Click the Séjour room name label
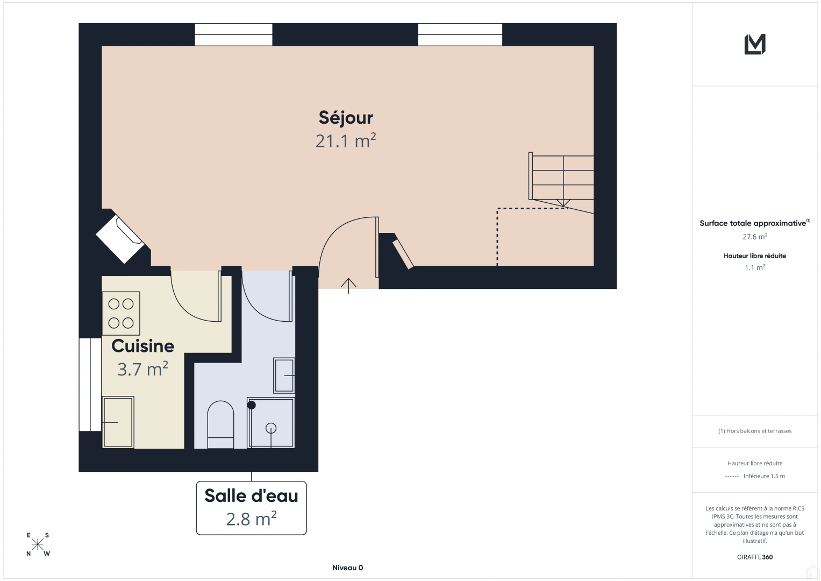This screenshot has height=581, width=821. pyautogui.click(x=346, y=118)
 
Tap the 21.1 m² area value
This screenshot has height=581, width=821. pyautogui.click(x=346, y=141)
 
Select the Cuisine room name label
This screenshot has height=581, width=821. pyautogui.click(x=142, y=346)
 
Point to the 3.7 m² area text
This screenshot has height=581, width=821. pyautogui.click(x=142, y=369)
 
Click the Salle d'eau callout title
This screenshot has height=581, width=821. pyautogui.click(x=252, y=495)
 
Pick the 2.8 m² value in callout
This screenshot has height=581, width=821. pyautogui.click(x=252, y=519)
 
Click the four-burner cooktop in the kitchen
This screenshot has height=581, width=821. pyautogui.click(x=121, y=314)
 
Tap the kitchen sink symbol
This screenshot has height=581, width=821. pyautogui.click(x=118, y=422)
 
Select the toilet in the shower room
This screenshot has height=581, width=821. pyautogui.click(x=220, y=424)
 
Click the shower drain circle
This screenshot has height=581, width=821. pyautogui.click(x=271, y=428)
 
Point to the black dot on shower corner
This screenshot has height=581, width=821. pyautogui.click(x=252, y=405)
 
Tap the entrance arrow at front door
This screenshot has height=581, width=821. pyautogui.click(x=348, y=286)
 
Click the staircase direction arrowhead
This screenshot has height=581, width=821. pyautogui.click(x=563, y=202)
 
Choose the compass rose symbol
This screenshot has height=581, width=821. pyautogui.click(x=38, y=544)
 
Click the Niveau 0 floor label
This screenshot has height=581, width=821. pyautogui.click(x=348, y=568)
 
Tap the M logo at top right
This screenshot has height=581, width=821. pyautogui.click(x=755, y=44)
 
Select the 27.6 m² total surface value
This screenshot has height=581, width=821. pyautogui.click(x=755, y=237)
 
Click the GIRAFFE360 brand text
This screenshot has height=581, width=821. pyautogui.click(x=755, y=557)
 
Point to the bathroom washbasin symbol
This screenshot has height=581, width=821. pyautogui.click(x=284, y=375)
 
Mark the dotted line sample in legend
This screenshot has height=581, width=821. pyautogui.click(x=732, y=477)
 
